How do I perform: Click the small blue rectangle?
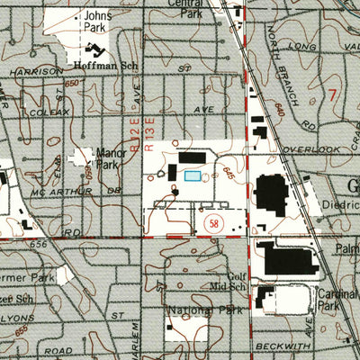pos(192,176)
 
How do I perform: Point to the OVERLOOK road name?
pos(310,148)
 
